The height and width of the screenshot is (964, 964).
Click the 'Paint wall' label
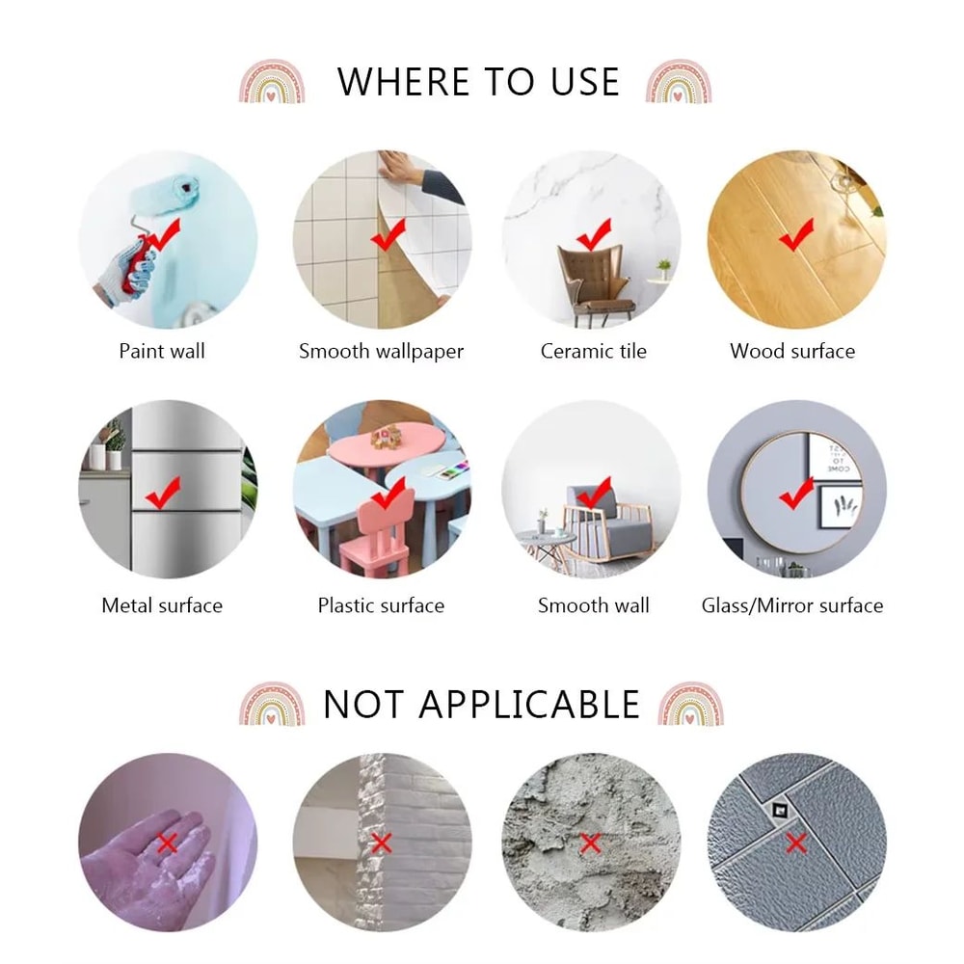click(x=162, y=351)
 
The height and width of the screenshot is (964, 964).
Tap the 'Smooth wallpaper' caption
click(x=381, y=352)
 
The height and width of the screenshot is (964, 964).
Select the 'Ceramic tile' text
click(x=593, y=351)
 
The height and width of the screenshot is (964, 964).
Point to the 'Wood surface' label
click(x=792, y=351)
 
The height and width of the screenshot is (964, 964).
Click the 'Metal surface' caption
click(x=162, y=605)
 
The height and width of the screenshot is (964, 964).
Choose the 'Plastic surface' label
click(x=381, y=605)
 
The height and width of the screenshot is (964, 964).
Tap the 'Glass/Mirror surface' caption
click(x=792, y=605)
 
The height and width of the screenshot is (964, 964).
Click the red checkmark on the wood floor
click(x=795, y=235)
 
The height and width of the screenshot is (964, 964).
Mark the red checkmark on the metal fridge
click(x=162, y=493)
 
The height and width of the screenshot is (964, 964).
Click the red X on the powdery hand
click(x=167, y=843)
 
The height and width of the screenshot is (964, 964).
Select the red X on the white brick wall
click(x=381, y=843)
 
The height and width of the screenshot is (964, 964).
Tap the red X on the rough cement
click(x=591, y=843)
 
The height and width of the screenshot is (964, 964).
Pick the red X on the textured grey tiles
click(x=796, y=843)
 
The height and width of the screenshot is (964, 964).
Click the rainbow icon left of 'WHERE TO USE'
click(x=272, y=81)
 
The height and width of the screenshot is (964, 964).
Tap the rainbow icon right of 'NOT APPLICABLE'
click(x=690, y=704)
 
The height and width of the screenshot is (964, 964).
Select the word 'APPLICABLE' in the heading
click(x=529, y=705)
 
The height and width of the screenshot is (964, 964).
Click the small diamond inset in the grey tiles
click(x=781, y=811)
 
